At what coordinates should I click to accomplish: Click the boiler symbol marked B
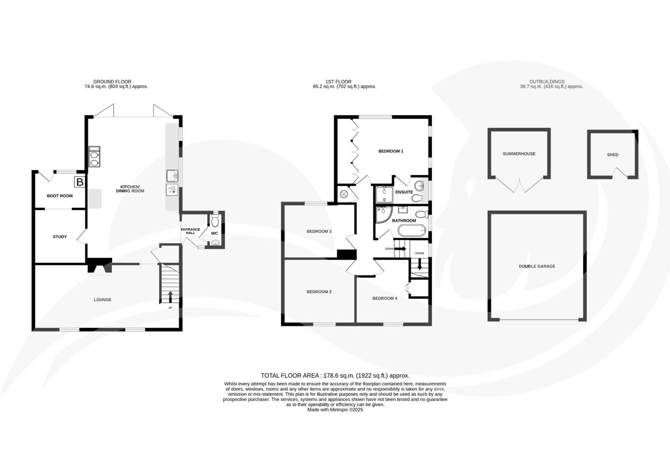coord(79,182)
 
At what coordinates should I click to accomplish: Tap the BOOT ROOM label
coord(60,196)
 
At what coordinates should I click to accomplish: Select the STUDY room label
coord(60,237)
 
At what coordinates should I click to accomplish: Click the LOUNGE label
coord(103,300)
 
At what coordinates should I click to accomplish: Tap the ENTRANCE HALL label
coord(190,231)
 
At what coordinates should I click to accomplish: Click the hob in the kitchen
coord(94,157)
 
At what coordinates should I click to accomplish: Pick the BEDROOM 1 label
coord(391,151)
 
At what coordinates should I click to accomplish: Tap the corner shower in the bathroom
coord(383,214)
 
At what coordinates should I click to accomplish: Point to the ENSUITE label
coord(404,192)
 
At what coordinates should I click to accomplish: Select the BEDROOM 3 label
coord(319,231)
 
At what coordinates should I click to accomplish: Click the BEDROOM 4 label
coord(385,298)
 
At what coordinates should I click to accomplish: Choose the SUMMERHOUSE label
coord(519,154)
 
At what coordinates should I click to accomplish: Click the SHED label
coord(613,155)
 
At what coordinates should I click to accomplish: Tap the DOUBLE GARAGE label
coord(537,266)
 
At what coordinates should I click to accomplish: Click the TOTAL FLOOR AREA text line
coord(335,375)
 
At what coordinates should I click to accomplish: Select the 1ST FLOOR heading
coord(338,81)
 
